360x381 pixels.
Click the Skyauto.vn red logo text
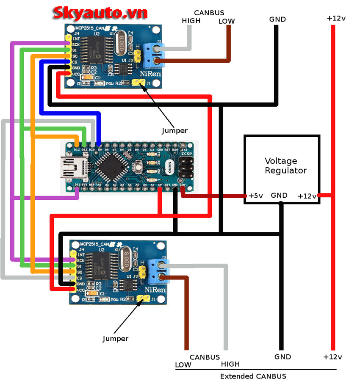100,13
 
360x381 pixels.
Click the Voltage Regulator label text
286,166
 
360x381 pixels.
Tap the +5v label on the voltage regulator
256,196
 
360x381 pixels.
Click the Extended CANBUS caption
253,376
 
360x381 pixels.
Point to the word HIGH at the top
191,21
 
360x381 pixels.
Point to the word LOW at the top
227,21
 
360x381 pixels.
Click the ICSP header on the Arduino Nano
186,167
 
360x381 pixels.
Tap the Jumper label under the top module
174,130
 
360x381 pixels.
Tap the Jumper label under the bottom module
115,339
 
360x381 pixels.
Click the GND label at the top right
277,19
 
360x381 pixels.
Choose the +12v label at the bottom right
332,356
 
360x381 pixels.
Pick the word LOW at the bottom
183,364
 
